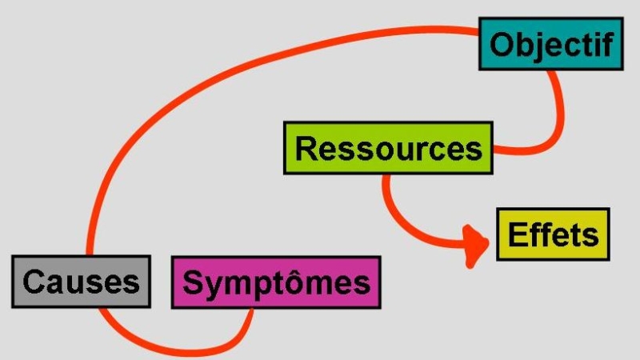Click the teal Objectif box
[x=551, y=44]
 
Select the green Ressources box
[x=388, y=148]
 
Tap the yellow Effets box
[x=553, y=234]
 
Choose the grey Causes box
[x=82, y=282]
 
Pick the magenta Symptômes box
[x=276, y=282]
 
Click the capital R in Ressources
[x=306, y=148]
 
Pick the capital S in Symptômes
[x=193, y=282]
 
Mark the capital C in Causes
[x=34, y=282]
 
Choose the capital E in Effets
[x=517, y=234]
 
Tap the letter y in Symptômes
[x=213, y=287]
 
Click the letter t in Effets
[x=579, y=235]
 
